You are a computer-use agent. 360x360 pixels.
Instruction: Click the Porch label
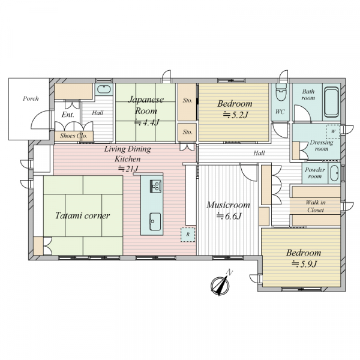[x=31, y=99]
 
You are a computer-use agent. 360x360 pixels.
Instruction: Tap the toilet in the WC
[x=281, y=92]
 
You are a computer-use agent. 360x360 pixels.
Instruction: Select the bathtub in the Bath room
[x=332, y=102]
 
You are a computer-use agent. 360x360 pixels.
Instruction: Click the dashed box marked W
[x=333, y=131]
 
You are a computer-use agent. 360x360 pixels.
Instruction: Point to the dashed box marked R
[x=188, y=235]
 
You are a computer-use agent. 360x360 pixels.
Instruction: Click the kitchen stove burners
[x=155, y=186]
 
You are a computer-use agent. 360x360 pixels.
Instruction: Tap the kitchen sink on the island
[x=155, y=221]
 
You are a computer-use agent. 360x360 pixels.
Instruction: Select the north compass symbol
[x=220, y=284]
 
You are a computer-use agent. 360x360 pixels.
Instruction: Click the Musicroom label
[x=228, y=205]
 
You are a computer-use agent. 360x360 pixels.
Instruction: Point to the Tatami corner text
[x=83, y=215]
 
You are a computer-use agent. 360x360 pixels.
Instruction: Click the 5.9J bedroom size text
[x=304, y=264]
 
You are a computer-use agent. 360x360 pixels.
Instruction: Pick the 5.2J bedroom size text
[x=236, y=115]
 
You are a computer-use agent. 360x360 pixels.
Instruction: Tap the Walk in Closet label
[x=316, y=206]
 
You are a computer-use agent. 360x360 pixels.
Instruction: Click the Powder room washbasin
[x=334, y=173]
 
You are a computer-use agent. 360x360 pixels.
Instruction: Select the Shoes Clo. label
[x=74, y=136]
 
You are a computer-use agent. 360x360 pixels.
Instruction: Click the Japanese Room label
[x=146, y=105]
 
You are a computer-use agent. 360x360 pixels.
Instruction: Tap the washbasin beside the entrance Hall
[x=104, y=89]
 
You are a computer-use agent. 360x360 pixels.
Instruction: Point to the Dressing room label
[x=322, y=146]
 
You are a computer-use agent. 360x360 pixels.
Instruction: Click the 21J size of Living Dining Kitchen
[x=128, y=169]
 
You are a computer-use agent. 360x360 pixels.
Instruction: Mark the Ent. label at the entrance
[x=68, y=115]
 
